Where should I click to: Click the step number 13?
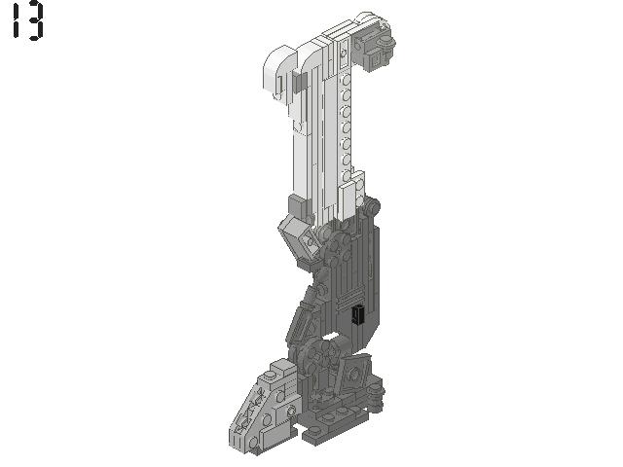pos(27,21)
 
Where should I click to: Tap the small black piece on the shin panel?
pos(357,314)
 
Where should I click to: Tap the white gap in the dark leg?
pos(333,339)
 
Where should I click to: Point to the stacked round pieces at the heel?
pos(377,396)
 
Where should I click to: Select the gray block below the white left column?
pos(296,205)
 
